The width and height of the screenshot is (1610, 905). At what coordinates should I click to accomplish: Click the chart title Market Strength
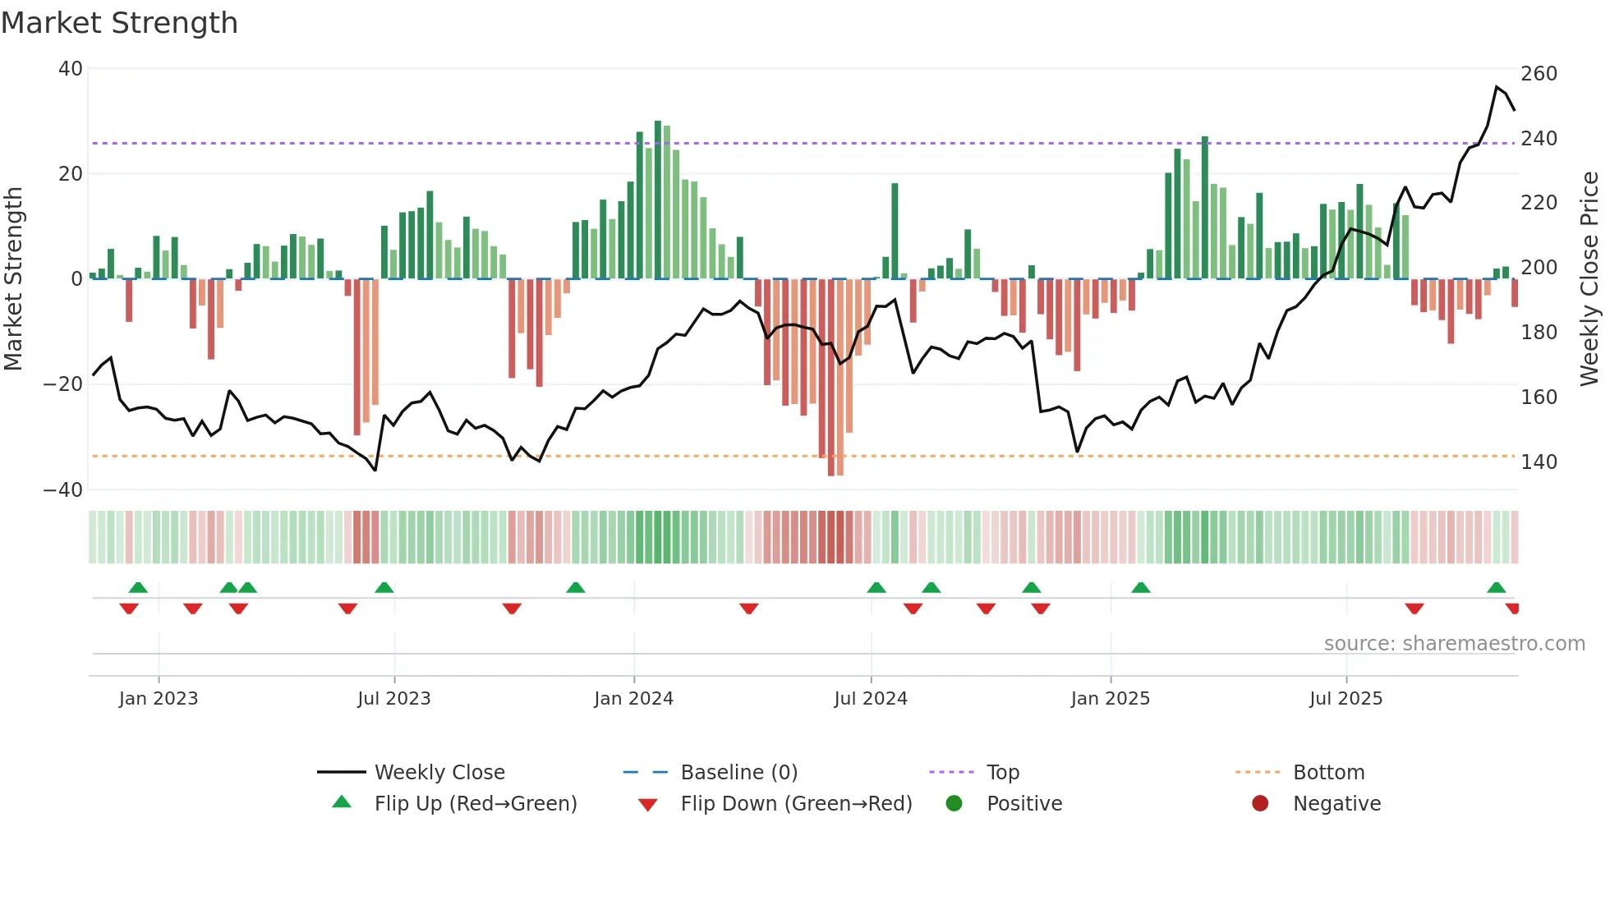pos(119,23)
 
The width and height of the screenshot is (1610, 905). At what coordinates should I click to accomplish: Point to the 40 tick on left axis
pos(71,69)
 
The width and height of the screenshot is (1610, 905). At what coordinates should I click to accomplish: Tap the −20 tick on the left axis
pos(63,384)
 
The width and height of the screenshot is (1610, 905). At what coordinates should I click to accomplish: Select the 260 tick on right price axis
pos(1539,74)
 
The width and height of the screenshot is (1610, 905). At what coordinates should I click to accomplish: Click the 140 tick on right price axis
pos(1539,462)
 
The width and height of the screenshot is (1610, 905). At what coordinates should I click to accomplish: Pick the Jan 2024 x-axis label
pos(633,699)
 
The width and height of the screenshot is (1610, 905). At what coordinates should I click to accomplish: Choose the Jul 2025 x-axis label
pos(1345,699)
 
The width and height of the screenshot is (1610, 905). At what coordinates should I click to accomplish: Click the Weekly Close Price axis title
pos(1589,279)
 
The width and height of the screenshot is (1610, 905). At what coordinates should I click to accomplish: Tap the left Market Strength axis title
pos(14,279)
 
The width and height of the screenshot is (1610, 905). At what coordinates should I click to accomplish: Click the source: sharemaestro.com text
pos(1454,644)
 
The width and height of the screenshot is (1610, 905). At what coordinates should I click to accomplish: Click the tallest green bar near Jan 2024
pos(658,197)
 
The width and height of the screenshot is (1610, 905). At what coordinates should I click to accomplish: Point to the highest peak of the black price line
pos(1497,87)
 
